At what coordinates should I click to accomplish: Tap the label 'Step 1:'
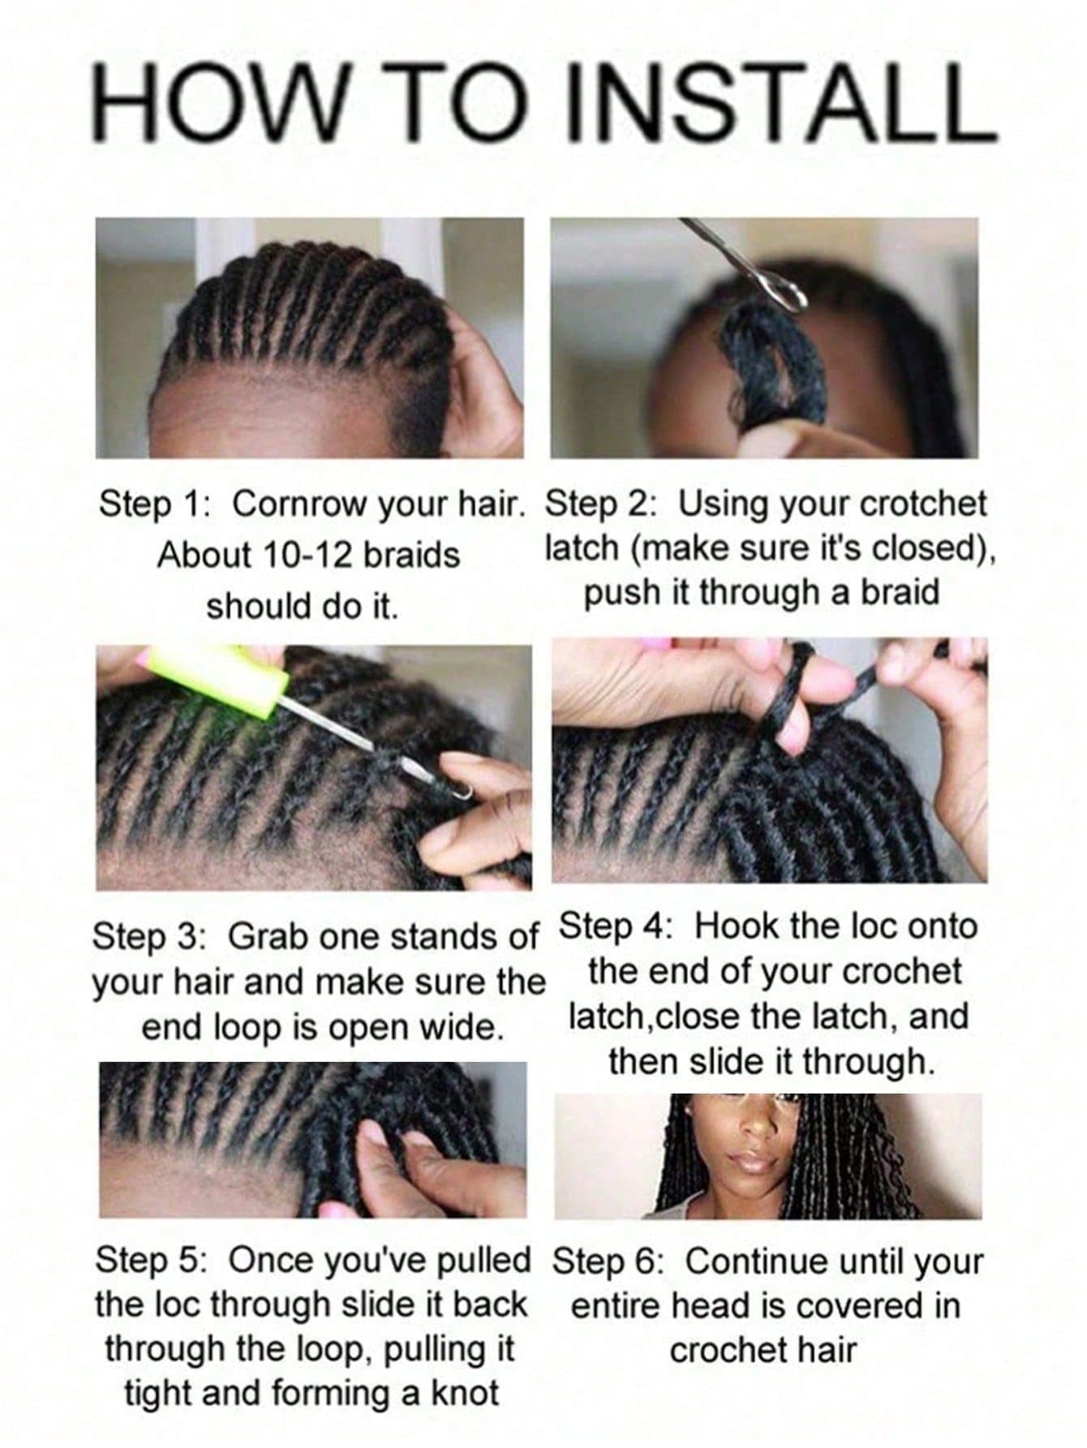click(x=154, y=504)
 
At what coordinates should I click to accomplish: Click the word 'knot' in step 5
click(x=464, y=1394)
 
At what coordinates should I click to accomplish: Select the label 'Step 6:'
click(x=608, y=1262)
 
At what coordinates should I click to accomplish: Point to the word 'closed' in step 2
click(x=922, y=549)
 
